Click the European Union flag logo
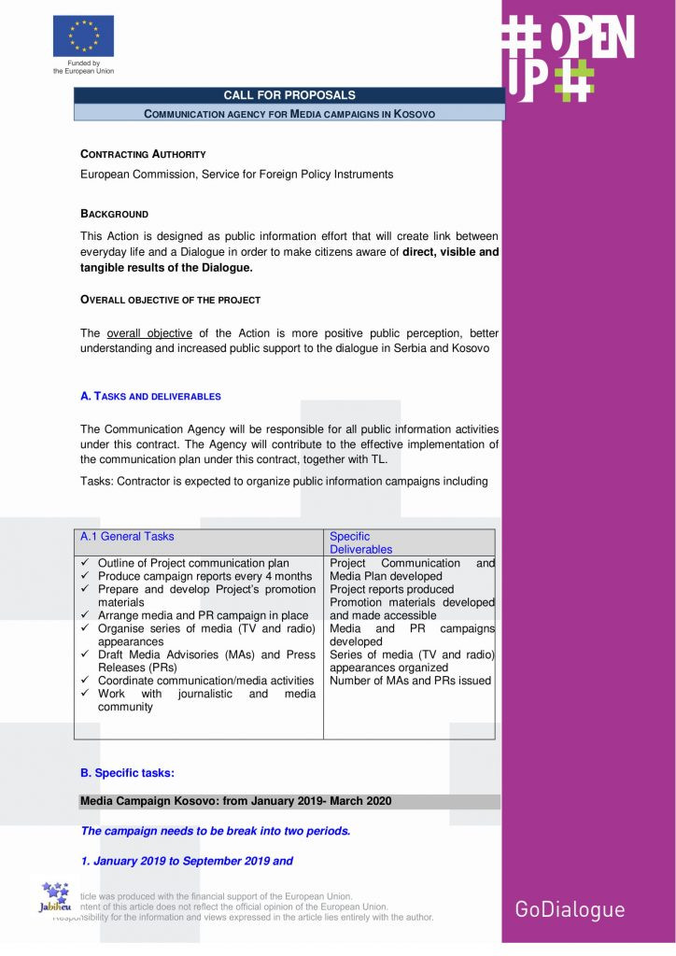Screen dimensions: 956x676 click(83, 36)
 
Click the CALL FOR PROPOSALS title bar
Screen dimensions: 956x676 click(289, 95)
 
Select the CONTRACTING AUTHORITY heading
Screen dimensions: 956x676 click(143, 154)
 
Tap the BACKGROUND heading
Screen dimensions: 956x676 click(114, 214)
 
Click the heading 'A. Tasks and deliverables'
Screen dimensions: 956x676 click(150, 396)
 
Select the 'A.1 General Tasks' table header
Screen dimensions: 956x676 click(127, 537)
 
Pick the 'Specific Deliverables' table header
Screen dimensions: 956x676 click(360, 542)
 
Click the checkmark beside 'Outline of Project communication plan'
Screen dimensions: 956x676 click(85, 564)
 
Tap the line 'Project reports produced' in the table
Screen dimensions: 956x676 click(391, 590)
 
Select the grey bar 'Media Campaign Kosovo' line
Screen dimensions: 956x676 click(235, 801)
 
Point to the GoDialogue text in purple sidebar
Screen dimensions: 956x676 click(570, 909)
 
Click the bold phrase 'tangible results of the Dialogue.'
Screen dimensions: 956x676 click(166, 268)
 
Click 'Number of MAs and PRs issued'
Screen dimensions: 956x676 click(410, 681)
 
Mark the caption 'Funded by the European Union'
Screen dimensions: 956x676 click(83, 67)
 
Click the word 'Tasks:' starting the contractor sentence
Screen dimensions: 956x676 click(97, 482)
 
